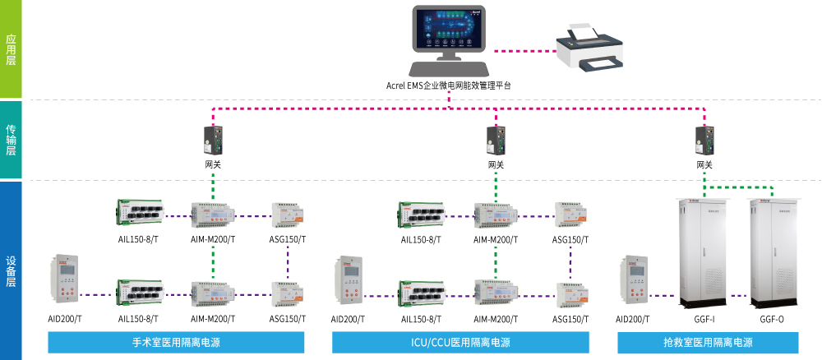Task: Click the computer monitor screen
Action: [x=448, y=30]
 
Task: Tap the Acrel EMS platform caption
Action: [x=448, y=85]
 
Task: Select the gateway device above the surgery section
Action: [x=213, y=140]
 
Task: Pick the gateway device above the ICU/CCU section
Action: [x=496, y=140]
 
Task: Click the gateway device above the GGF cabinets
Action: [x=704, y=140]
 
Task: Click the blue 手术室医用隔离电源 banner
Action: [x=176, y=342]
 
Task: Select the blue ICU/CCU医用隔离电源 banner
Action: [x=459, y=342]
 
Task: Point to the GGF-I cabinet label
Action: [x=703, y=319]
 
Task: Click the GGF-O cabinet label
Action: [x=772, y=319]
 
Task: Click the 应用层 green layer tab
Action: [x=11, y=49]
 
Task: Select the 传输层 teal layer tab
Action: [x=11, y=140]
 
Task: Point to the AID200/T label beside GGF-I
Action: [x=632, y=319]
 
